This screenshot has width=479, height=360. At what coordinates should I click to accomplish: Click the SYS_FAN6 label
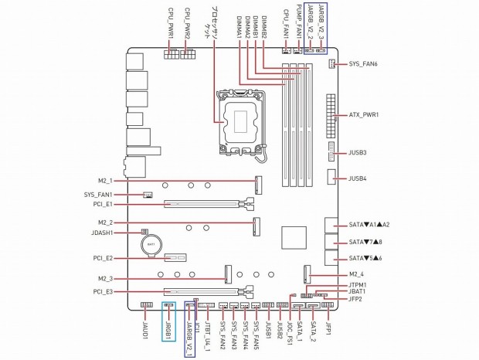click(x=363, y=64)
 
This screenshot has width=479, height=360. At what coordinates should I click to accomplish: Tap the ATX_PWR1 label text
click(x=364, y=115)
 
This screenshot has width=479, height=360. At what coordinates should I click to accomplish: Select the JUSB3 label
click(x=358, y=152)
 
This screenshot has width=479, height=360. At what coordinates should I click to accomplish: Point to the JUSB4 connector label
click(x=358, y=178)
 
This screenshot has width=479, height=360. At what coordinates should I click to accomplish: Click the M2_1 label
click(x=105, y=181)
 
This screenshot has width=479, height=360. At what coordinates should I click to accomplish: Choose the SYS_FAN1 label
click(x=98, y=195)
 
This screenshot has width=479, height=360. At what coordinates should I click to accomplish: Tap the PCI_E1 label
click(x=103, y=204)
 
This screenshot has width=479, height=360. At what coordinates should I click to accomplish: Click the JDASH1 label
click(x=102, y=233)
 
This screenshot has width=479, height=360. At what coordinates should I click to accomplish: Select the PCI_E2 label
click(x=103, y=258)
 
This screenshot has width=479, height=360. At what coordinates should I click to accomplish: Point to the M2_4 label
click(x=356, y=274)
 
